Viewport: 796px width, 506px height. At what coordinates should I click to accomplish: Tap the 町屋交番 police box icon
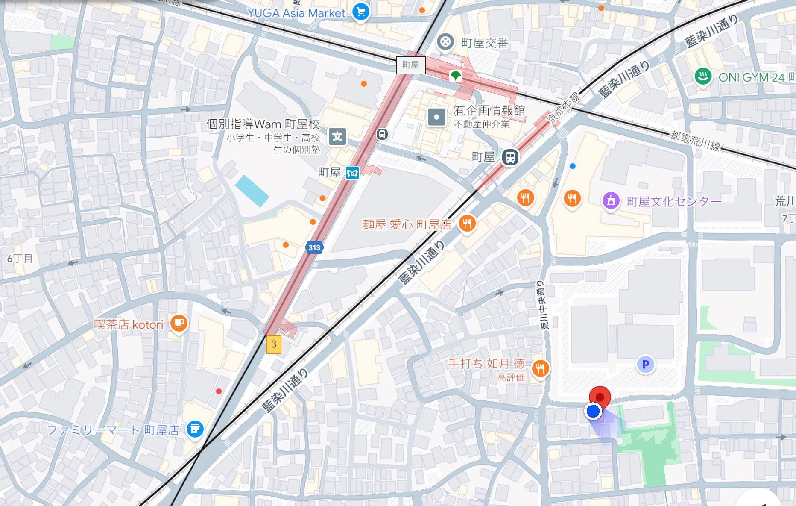(445, 42)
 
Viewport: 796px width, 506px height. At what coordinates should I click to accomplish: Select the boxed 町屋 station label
(410, 65)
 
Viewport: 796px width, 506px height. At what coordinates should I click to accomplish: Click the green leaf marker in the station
(456, 76)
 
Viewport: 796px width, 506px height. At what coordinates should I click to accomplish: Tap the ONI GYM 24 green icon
(703, 77)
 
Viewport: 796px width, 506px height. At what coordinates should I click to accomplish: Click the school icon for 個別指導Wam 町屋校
(337, 137)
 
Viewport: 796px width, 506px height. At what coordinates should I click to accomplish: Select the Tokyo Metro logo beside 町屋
(352, 173)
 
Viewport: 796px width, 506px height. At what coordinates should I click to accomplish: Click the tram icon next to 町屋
(510, 157)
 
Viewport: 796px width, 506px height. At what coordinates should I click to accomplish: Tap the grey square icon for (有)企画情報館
(436, 117)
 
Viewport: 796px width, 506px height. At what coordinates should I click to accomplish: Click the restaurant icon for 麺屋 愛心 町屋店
(467, 223)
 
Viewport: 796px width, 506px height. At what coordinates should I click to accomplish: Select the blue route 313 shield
(314, 247)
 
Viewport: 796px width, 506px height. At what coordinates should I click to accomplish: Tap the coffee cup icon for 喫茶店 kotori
(179, 323)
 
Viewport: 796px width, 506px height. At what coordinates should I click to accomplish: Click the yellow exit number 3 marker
(274, 344)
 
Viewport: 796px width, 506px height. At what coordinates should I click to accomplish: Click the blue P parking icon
(645, 365)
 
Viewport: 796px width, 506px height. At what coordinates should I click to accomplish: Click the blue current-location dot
(593, 412)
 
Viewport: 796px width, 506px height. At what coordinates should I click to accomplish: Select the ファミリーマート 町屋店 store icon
(195, 429)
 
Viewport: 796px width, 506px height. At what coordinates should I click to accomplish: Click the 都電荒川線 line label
(695, 141)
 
